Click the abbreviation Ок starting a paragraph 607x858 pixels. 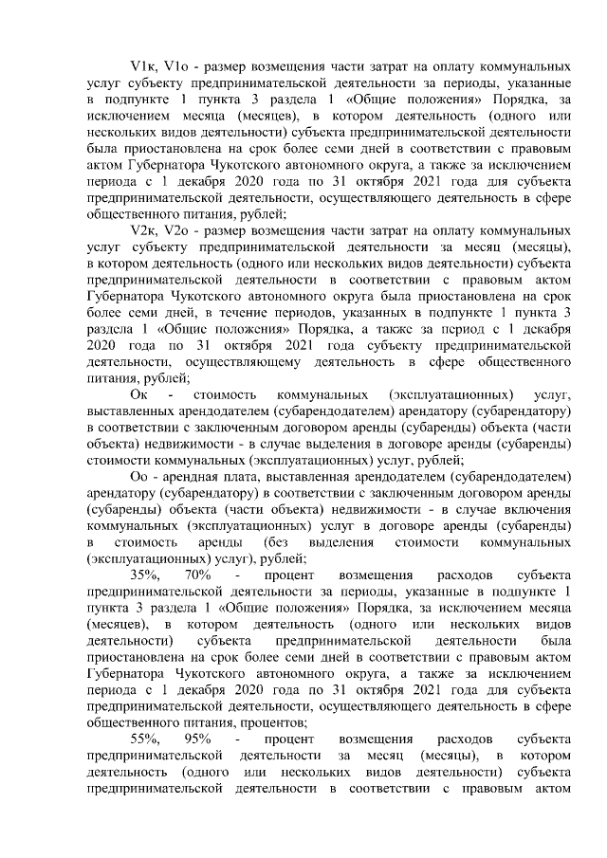(x=139, y=393)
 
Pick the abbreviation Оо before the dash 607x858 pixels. (x=139, y=476)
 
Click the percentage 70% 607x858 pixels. (x=199, y=575)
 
